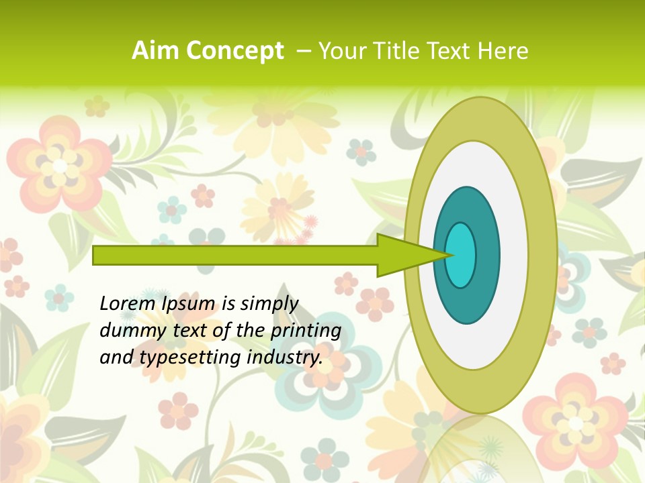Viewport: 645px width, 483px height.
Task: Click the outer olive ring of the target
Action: [542, 255]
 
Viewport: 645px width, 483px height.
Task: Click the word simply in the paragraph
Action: [269, 304]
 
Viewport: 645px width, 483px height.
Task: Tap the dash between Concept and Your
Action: [303, 51]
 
